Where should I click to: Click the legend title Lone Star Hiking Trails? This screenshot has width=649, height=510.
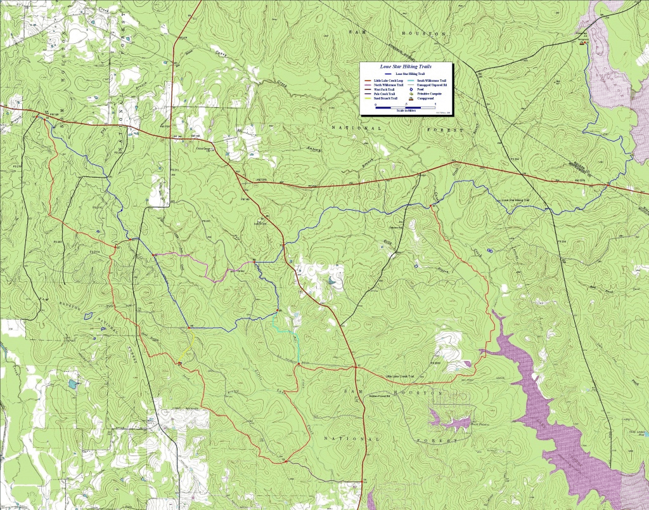(406, 66)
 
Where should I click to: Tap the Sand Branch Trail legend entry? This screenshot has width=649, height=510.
(382, 99)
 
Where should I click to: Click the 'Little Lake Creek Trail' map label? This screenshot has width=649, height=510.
(404, 377)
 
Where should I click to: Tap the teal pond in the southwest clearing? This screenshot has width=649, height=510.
(72, 384)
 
